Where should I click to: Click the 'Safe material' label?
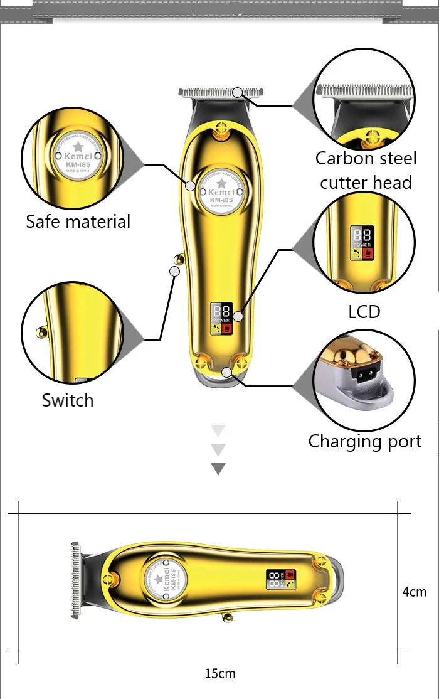pyautogui.click(x=78, y=221)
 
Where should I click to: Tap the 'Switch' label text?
pyautogui.click(x=68, y=400)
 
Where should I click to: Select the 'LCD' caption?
pyautogui.click(x=364, y=311)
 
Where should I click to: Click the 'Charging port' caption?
pyautogui.click(x=365, y=441)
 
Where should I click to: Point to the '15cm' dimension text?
pyautogui.click(x=220, y=674)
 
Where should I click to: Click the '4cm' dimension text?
pyautogui.click(x=415, y=592)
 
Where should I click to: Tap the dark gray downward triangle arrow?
pyautogui.click(x=218, y=469)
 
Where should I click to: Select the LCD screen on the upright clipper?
pyautogui.click(x=221, y=318)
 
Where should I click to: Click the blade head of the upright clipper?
pyautogui.click(x=220, y=93)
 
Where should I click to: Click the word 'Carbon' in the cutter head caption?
pyautogui.click(x=344, y=158)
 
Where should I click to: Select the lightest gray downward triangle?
pyautogui.click(x=218, y=430)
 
